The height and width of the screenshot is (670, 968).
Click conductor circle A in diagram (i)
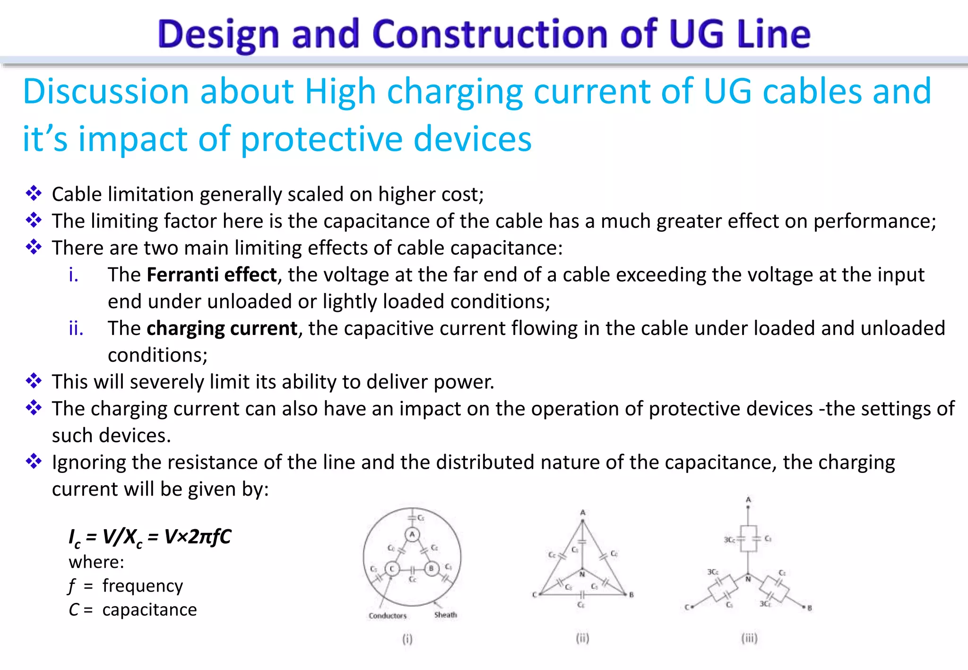coord(412,534)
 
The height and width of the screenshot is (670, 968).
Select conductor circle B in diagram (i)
coord(431,568)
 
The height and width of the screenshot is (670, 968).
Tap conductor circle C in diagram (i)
coord(392,568)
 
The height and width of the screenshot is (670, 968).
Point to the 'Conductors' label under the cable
coord(388,616)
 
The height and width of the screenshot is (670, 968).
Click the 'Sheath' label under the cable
coord(445,615)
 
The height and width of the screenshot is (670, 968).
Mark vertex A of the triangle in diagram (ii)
coord(583,520)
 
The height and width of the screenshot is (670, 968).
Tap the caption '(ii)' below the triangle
coord(582,638)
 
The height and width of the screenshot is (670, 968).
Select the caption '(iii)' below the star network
coord(749,638)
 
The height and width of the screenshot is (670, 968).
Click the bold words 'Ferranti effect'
coord(211,275)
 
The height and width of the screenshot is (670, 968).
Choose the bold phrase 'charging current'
coord(222,328)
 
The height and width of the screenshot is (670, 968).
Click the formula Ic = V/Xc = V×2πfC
coord(150,537)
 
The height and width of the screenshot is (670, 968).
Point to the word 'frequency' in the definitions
coord(142,585)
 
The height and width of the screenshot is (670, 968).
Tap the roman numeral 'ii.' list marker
coord(76,328)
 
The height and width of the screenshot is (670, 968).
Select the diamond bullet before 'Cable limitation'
coord(34,193)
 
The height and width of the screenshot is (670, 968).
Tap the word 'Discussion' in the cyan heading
coord(106,91)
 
